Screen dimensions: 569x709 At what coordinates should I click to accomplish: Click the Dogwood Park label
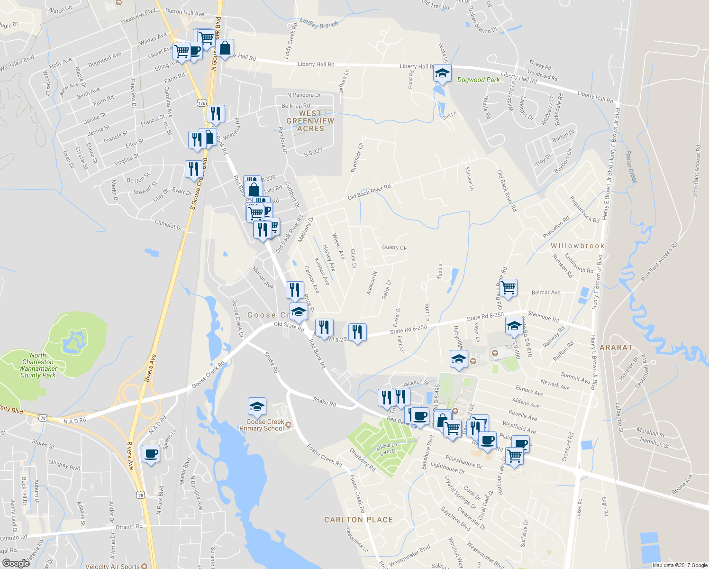pyautogui.click(x=478, y=80)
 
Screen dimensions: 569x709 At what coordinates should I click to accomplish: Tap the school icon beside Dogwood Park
pyautogui.click(x=442, y=73)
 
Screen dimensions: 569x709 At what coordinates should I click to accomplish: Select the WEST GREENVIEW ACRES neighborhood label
pyautogui.click(x=310, y=121)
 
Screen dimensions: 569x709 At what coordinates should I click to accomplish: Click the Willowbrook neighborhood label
pyautogui.click(x=577, y=246)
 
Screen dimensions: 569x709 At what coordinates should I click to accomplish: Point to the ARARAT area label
pyautogui.click(x=616, y=348)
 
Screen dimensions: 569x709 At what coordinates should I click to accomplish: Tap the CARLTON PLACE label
pyautogui.click(x=358, y=520)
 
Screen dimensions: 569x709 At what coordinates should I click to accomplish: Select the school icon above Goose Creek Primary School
pyautogui.click(x=257, y=406)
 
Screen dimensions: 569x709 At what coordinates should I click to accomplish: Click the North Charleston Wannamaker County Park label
pyautogui.click(x=38, y=365)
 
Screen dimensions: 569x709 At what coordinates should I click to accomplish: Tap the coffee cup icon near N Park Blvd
pyautogui.click(x=151, y=454)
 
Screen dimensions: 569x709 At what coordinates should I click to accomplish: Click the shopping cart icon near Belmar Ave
pyautogui.click(x=508, y=287)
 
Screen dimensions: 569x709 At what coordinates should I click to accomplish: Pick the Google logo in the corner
pyautogui.click(x=16, y=563)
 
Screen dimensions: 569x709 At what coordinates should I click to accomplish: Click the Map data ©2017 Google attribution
pyautogui.click(x=680, y=565)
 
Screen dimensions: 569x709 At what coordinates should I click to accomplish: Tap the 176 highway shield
pyautogui.click(x=201, y=103)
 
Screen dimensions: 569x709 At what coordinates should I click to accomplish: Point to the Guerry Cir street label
pyautogui.click(x=394, y=247)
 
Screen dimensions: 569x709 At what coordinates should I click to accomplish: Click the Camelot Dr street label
pyautogui.click(x=169, y=224)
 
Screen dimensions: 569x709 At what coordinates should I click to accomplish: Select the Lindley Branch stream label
pyautogui.click(x=319, y=24)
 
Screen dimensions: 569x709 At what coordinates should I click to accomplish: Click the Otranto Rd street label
pyautogui.click(x=129, y=526)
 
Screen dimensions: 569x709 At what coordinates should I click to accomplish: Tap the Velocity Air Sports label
pyautogui.click(x=112, y=566)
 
